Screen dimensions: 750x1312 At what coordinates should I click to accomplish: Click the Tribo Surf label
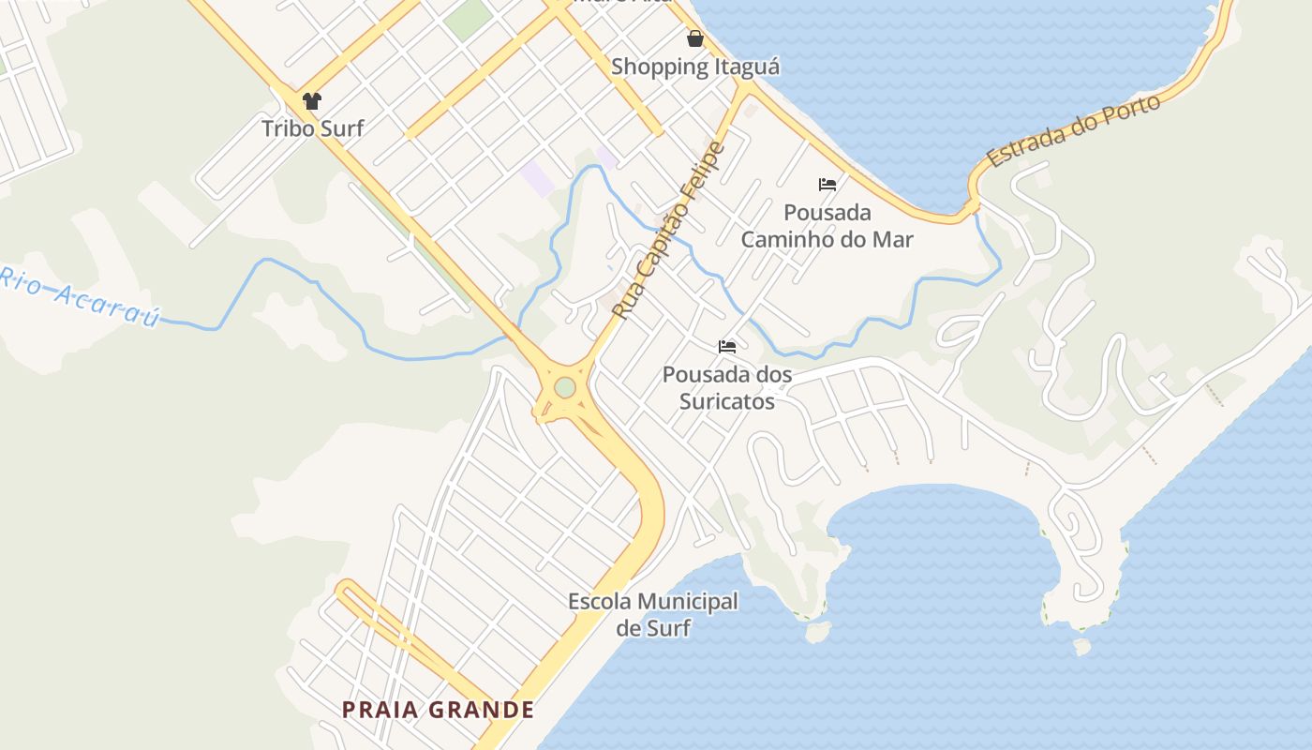pos(312,128)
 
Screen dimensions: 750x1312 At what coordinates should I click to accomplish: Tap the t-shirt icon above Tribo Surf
pos(312,100)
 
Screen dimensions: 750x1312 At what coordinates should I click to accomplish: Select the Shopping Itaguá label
pos(695,67)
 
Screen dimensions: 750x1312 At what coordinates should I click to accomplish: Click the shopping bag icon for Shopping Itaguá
pos(695,38)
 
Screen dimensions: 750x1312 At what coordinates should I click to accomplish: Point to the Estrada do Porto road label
pos(1074,131)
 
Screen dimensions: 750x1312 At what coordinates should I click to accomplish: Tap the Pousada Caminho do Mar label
pos(827,226)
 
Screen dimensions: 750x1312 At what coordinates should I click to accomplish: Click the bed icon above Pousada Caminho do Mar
pos(827,184)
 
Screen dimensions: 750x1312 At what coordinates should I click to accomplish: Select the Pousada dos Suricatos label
pos(727,388)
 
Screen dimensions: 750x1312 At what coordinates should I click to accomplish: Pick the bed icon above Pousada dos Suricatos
pos(727,346)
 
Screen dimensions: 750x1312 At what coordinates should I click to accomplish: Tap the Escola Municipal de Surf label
pos(653,615)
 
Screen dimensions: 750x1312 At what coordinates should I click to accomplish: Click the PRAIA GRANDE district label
pos(439,710)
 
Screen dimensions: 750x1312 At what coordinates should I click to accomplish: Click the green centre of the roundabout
pos(564,387)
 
